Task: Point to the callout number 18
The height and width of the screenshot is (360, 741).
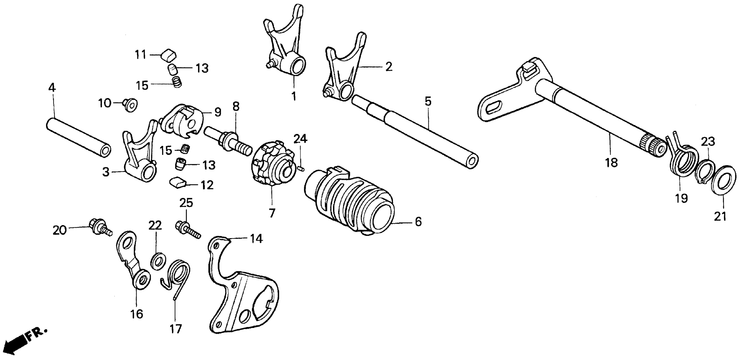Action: (x=611, y=163)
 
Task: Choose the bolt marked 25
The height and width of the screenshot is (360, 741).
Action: (x=187, y=228)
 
